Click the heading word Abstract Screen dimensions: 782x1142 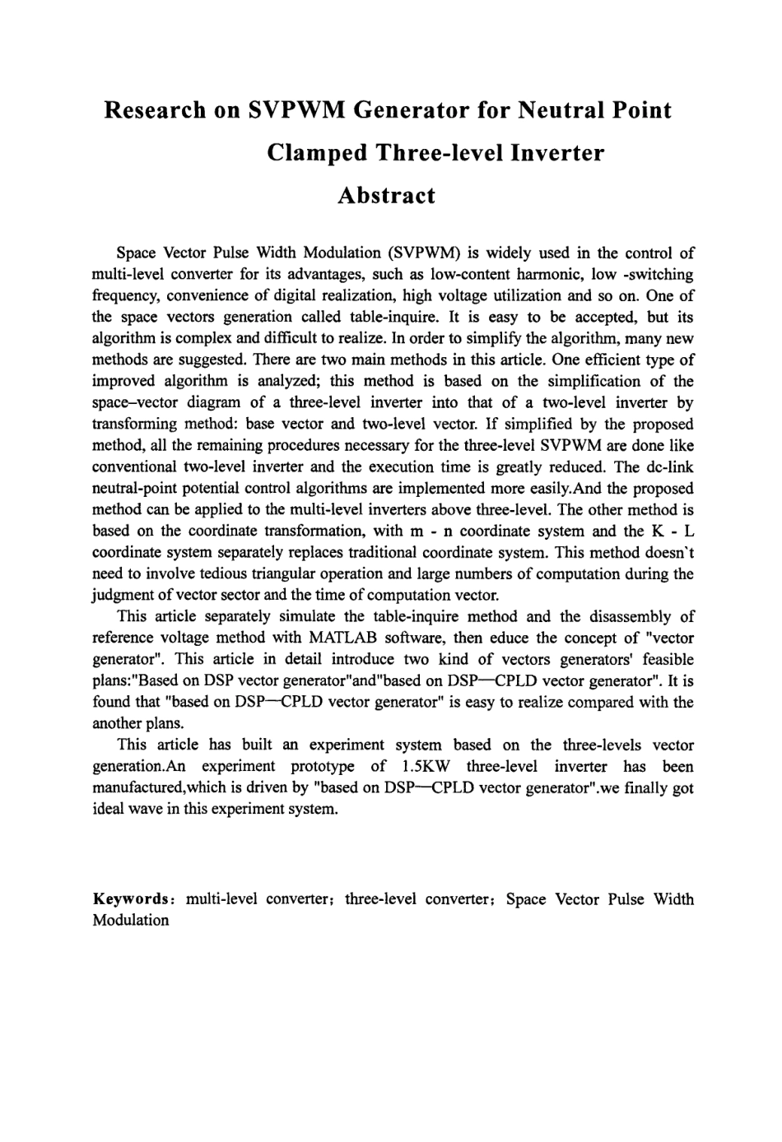386,196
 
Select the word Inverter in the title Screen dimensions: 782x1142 558,153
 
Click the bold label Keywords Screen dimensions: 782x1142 131,899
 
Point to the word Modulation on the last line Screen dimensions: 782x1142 130,920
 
